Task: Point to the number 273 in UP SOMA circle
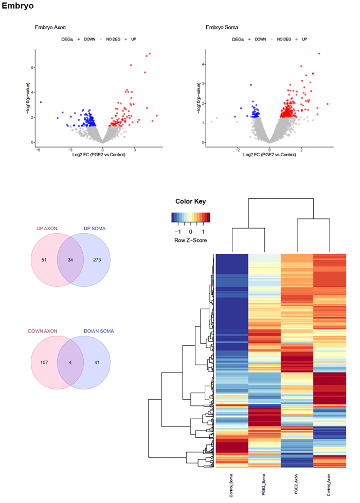[97, 259]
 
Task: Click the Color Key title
[190, 201]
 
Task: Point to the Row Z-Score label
[191, 240]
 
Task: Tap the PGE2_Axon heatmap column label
[297, 486]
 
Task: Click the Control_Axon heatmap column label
[330, 486]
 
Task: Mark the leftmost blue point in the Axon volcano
[41, 102]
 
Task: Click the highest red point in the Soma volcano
[319, 53]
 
